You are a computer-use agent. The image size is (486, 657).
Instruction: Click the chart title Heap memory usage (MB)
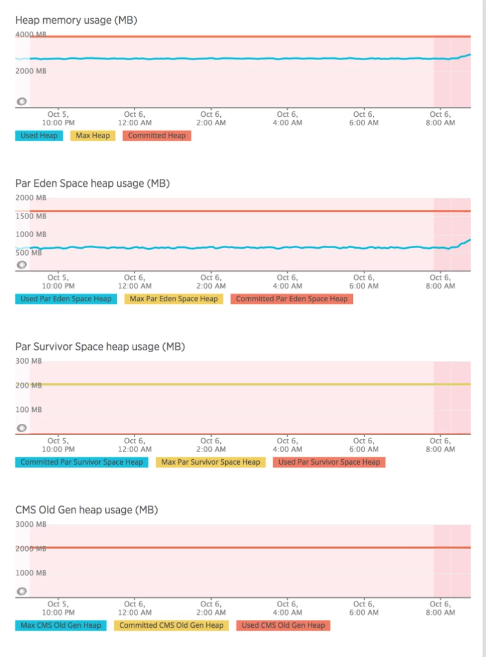[76, 20]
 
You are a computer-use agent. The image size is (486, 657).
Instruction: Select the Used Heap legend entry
[39, 136]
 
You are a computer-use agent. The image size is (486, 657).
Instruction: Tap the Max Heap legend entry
[92, 136]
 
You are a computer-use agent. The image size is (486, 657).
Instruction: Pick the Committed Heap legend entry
[156, 136]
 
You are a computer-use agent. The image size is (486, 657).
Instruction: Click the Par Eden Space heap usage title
[92, 183]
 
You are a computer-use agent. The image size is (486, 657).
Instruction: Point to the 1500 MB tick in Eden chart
[30, 216]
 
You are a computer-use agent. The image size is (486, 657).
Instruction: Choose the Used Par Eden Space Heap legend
[66, 299]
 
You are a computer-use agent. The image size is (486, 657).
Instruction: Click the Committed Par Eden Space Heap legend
[291, 299]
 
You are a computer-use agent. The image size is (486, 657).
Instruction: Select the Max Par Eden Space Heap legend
[173, 299]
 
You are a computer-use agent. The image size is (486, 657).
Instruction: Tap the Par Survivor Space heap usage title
[100, 347]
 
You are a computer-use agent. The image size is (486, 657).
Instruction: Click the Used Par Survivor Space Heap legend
[329, 462]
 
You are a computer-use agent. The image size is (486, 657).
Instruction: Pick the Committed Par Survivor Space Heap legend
[82, 462]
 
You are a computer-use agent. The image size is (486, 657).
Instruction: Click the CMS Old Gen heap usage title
[86, 510]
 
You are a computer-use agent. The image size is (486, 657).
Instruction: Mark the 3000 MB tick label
[30, 524]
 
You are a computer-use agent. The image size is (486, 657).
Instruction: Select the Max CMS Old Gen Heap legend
[61, 625]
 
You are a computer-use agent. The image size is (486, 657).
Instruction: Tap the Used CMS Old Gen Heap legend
[283, 625]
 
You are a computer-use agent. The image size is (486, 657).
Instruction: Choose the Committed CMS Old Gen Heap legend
[171, 625]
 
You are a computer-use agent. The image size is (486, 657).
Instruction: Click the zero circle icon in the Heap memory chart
[22, 102]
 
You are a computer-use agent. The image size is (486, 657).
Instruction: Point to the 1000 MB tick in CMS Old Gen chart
[30, 573]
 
